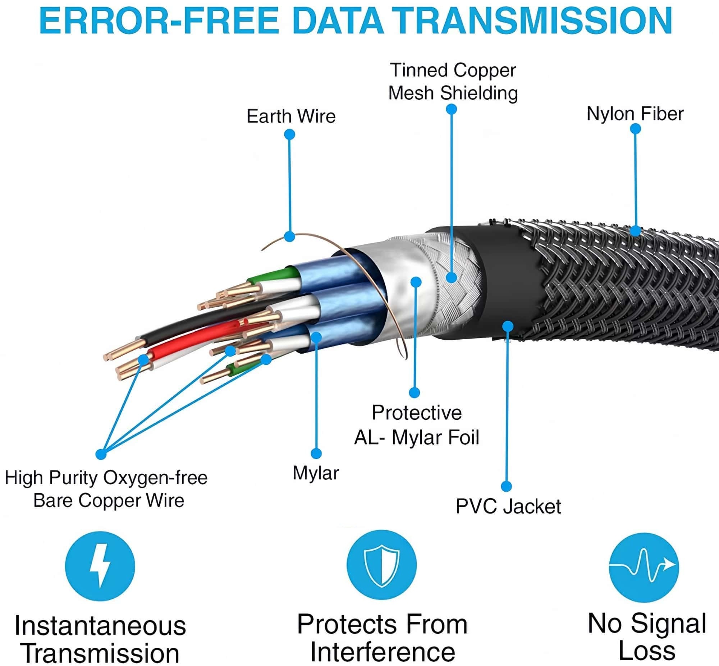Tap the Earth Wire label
291,116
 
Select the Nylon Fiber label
635,114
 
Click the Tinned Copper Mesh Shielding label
453,82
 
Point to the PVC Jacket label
508,506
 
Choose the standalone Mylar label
316,473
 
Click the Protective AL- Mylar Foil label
417,425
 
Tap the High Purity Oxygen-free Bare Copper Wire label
106,489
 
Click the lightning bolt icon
100,566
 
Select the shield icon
381,565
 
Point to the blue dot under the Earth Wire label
290,135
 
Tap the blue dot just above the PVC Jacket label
507,486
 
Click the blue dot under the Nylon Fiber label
635,129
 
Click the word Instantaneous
100,626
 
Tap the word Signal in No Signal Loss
669,624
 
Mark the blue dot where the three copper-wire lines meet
101,454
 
